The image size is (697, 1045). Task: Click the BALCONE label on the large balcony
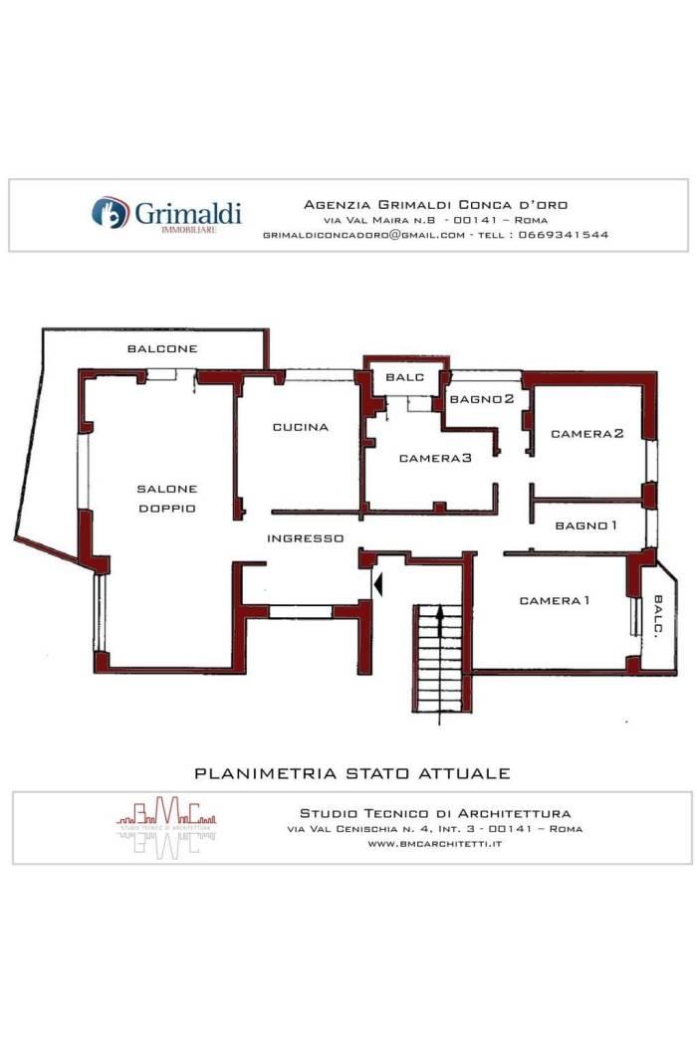pyautogui.click(x=162, y=348)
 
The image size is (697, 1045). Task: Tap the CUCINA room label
pyautogui.click(x=300, y=427)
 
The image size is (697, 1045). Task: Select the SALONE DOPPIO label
pyautogui.click(x=166, y=499)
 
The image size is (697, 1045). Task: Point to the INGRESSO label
pyautogui.click(x=305, y=538)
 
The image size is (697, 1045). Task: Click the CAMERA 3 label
pyautogui.click(x=435, y=458)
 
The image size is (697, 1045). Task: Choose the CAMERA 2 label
pyautogui.click(x=586, y=434)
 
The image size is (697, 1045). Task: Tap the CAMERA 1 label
pyautogui.click(x=555, y=600)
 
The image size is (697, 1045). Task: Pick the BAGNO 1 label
pyautogui.click(x=585, y=525)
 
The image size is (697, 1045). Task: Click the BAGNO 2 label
pyautogui.click(x=482, y=399)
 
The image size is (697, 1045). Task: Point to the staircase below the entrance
pyautogui.click(x=438, y=659)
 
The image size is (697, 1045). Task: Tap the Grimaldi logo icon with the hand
pyautogui.click(x=111, y=213)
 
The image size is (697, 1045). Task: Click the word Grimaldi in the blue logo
pyautogui.click(x=187, y=213)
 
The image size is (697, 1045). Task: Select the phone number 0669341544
pyautogui.click(x=563, y=235)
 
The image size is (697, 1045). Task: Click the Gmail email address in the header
pyautogui.click(x=363, y=235)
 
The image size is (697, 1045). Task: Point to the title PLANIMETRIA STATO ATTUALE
pyautogui.click(x=352, y=773)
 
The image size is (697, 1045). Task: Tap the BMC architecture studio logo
pyautogui.click(x=166, y=826)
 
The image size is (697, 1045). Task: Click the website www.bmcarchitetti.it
pyautogui.click(x=435, y=844)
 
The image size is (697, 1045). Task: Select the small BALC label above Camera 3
pyautogui.click(x=404, y=377)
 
